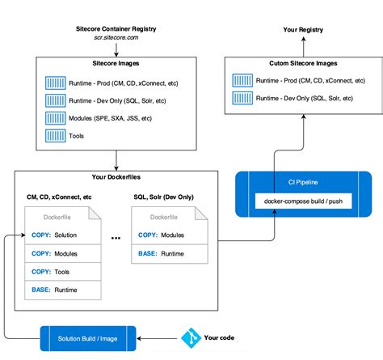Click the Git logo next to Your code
[191, 336]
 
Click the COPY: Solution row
[61, 235]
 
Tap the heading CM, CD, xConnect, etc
[59, 197]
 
